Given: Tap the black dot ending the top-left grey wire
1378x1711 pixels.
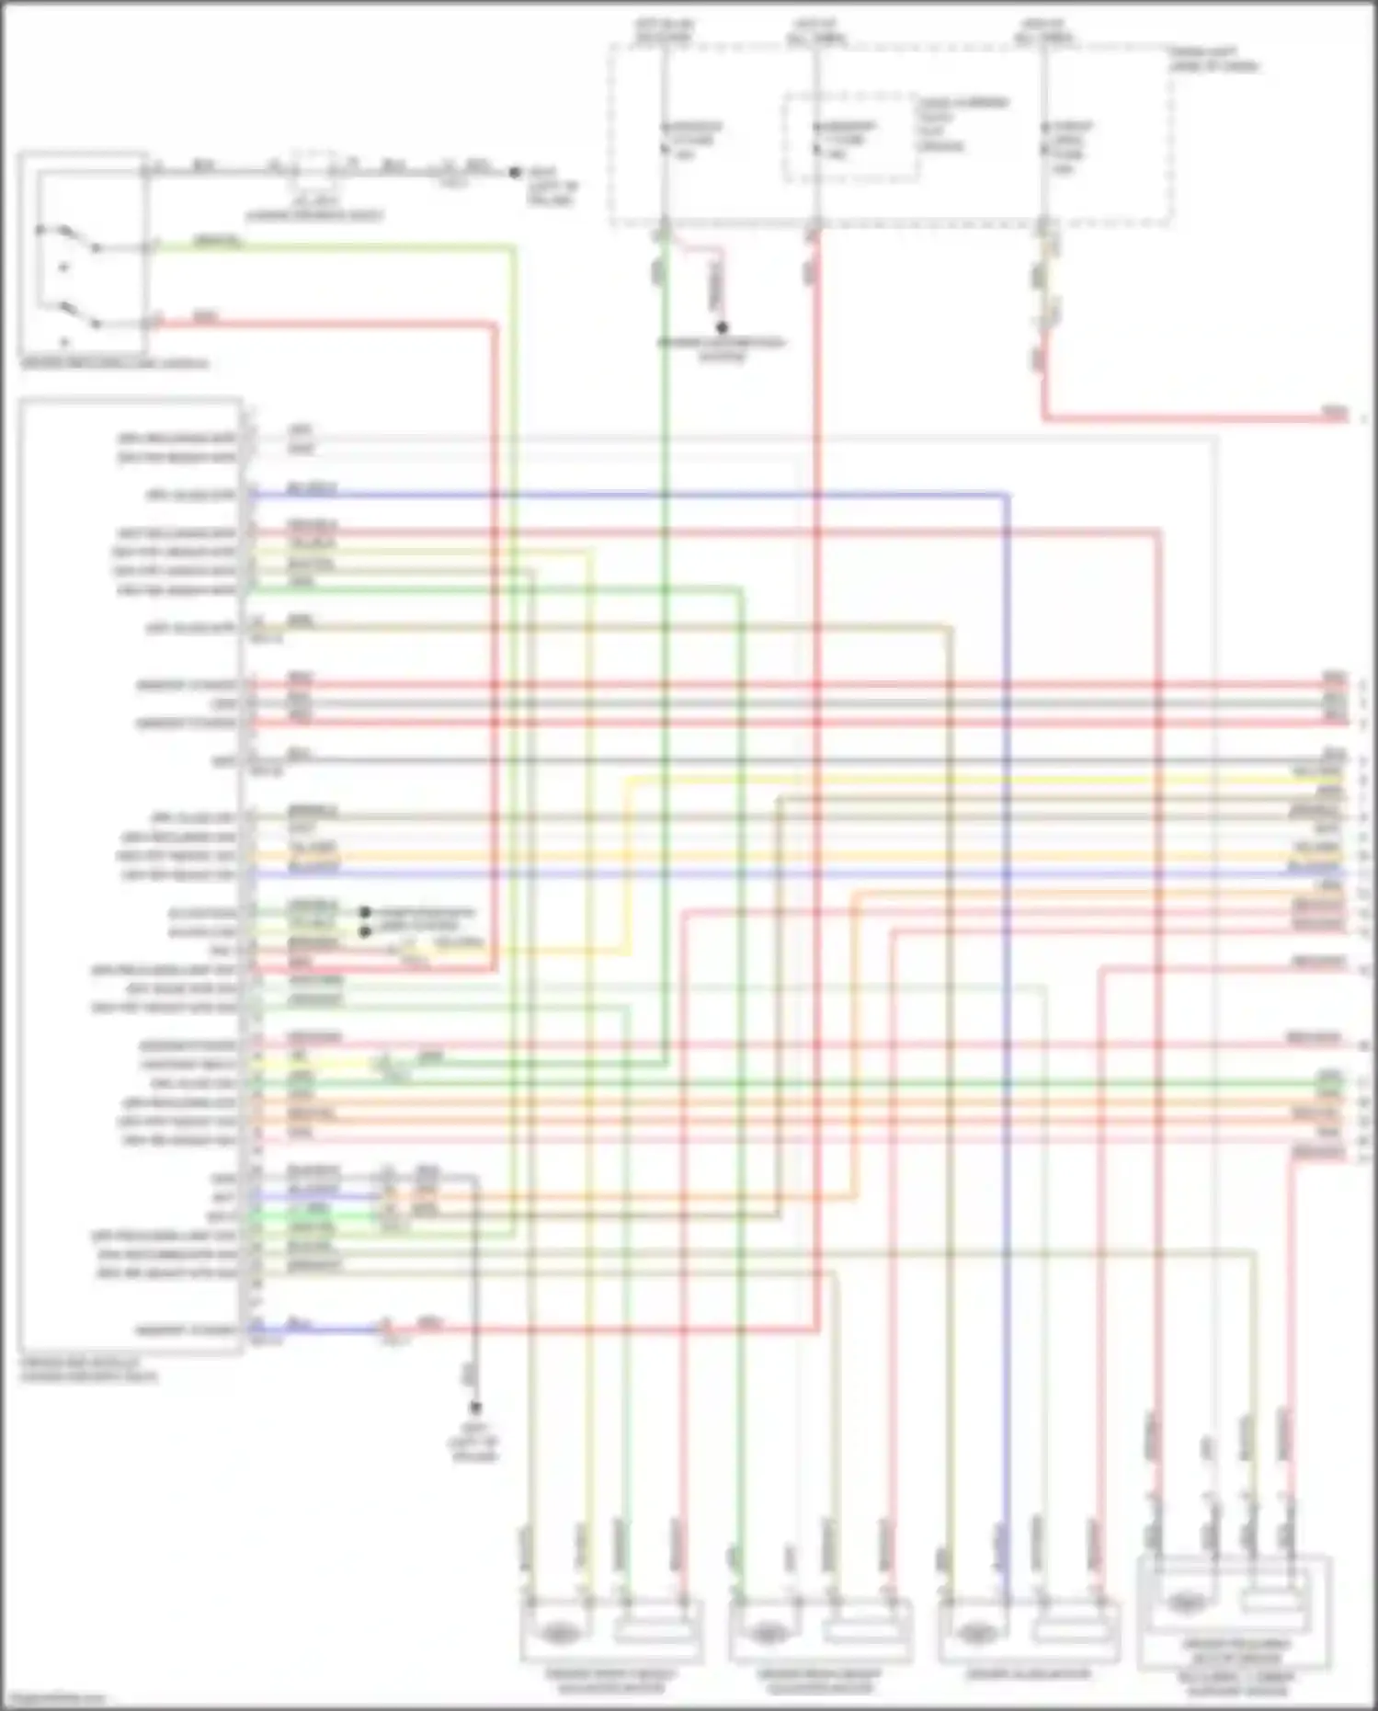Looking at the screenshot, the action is [x=516, y=172].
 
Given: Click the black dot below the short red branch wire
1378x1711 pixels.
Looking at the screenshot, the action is [x=723, y=327].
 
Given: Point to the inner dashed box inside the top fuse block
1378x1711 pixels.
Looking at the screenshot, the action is [x=851, y=135].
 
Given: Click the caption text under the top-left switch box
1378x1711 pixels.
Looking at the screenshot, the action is [x=114, y=364].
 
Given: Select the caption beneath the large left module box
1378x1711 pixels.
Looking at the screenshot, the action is [x=88, y=1370].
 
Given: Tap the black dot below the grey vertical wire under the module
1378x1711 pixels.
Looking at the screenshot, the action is [x=475, y=1408].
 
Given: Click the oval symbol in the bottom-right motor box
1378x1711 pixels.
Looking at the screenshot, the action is [x=1186, y=1603].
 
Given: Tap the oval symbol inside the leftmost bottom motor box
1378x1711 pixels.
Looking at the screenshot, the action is [x=555, y=1633].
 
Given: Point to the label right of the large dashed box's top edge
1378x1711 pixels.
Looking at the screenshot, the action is [x=1213, y=59].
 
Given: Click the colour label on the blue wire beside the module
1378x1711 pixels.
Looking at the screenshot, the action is [x=312, y=489].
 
